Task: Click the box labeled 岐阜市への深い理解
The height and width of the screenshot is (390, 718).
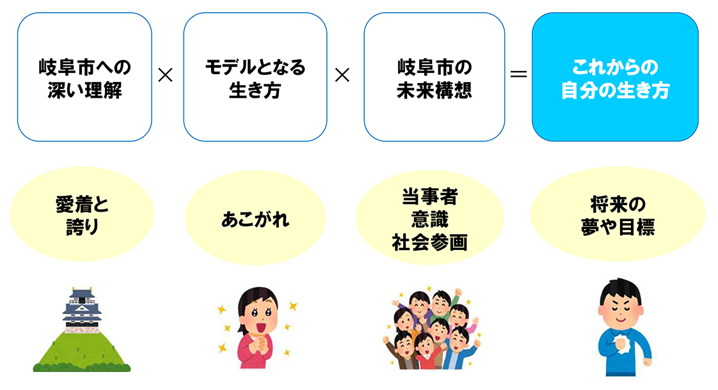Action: [x=84, y=77]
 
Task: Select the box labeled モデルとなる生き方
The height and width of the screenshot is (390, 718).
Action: [x=255, y=77]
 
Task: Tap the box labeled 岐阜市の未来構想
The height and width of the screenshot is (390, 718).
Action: [x=434, y=77]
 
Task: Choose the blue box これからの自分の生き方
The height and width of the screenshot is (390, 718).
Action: [x=615, y=77]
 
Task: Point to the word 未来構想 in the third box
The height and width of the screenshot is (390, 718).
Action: [x=434, y=90]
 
